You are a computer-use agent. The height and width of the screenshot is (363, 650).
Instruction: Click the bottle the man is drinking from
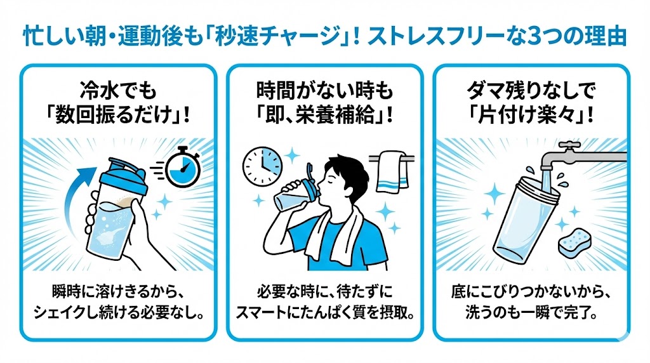point(295,194)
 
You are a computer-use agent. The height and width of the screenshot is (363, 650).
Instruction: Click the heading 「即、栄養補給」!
point(324,115)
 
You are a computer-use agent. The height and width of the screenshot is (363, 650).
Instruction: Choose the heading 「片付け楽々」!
point(531,115)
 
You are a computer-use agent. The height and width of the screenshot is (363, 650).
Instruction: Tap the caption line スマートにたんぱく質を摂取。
point(324,313)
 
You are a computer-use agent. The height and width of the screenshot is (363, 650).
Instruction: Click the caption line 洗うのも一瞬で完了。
point(531,313)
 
